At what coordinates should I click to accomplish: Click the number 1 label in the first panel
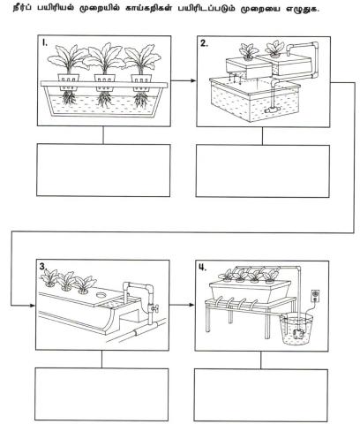[44, 43]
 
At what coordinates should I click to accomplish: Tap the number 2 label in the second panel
[204, 43]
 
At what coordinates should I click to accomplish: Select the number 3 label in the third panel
[43, 266]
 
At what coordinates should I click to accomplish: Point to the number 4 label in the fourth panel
[203, 268]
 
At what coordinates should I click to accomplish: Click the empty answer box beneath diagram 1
[103, 170]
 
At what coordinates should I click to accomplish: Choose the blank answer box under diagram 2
[263, 171]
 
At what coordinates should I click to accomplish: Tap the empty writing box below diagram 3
[101, 394]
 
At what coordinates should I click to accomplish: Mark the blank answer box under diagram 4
[261, 395]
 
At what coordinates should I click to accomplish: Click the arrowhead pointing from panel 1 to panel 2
[193, 80]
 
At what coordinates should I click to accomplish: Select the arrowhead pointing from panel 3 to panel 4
[191, 305]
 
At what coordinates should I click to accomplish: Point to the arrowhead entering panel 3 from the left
[32, 306]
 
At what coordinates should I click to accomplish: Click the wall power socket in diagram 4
[315, 296]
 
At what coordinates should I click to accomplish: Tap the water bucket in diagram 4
[296, 329]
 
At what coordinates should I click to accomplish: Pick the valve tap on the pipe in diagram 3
[153, 308]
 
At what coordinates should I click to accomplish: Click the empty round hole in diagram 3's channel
[102, 294]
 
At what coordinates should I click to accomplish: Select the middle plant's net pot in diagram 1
[105, 82]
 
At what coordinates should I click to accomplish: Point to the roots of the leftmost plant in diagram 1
[69, 98]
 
